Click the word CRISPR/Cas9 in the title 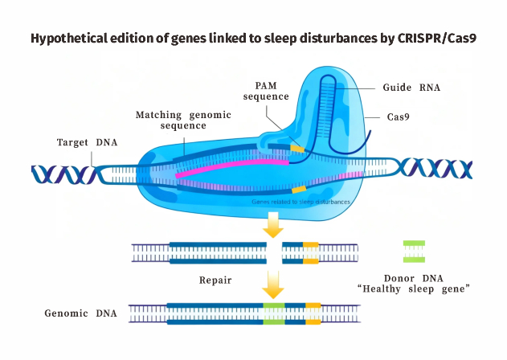pos(431,39)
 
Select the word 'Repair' pos(216,281)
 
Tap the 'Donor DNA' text pos(414,276)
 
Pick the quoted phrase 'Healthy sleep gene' pos(414,288)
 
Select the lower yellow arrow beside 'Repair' pos(275,283)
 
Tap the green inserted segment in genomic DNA pos(274,313)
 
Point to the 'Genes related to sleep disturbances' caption pos(301,202)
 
